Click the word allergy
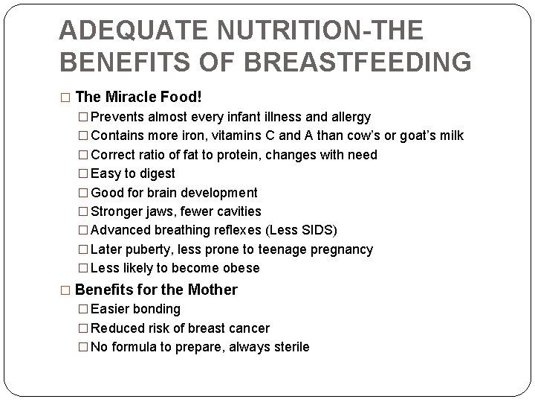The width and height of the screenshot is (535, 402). tap(350, 117)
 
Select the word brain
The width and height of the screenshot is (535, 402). tap(166, 192)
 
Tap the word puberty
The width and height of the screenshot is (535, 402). tap(149, 249)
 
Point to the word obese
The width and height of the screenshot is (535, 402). tap(239, 268)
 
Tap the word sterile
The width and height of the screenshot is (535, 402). tap(289, 347)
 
